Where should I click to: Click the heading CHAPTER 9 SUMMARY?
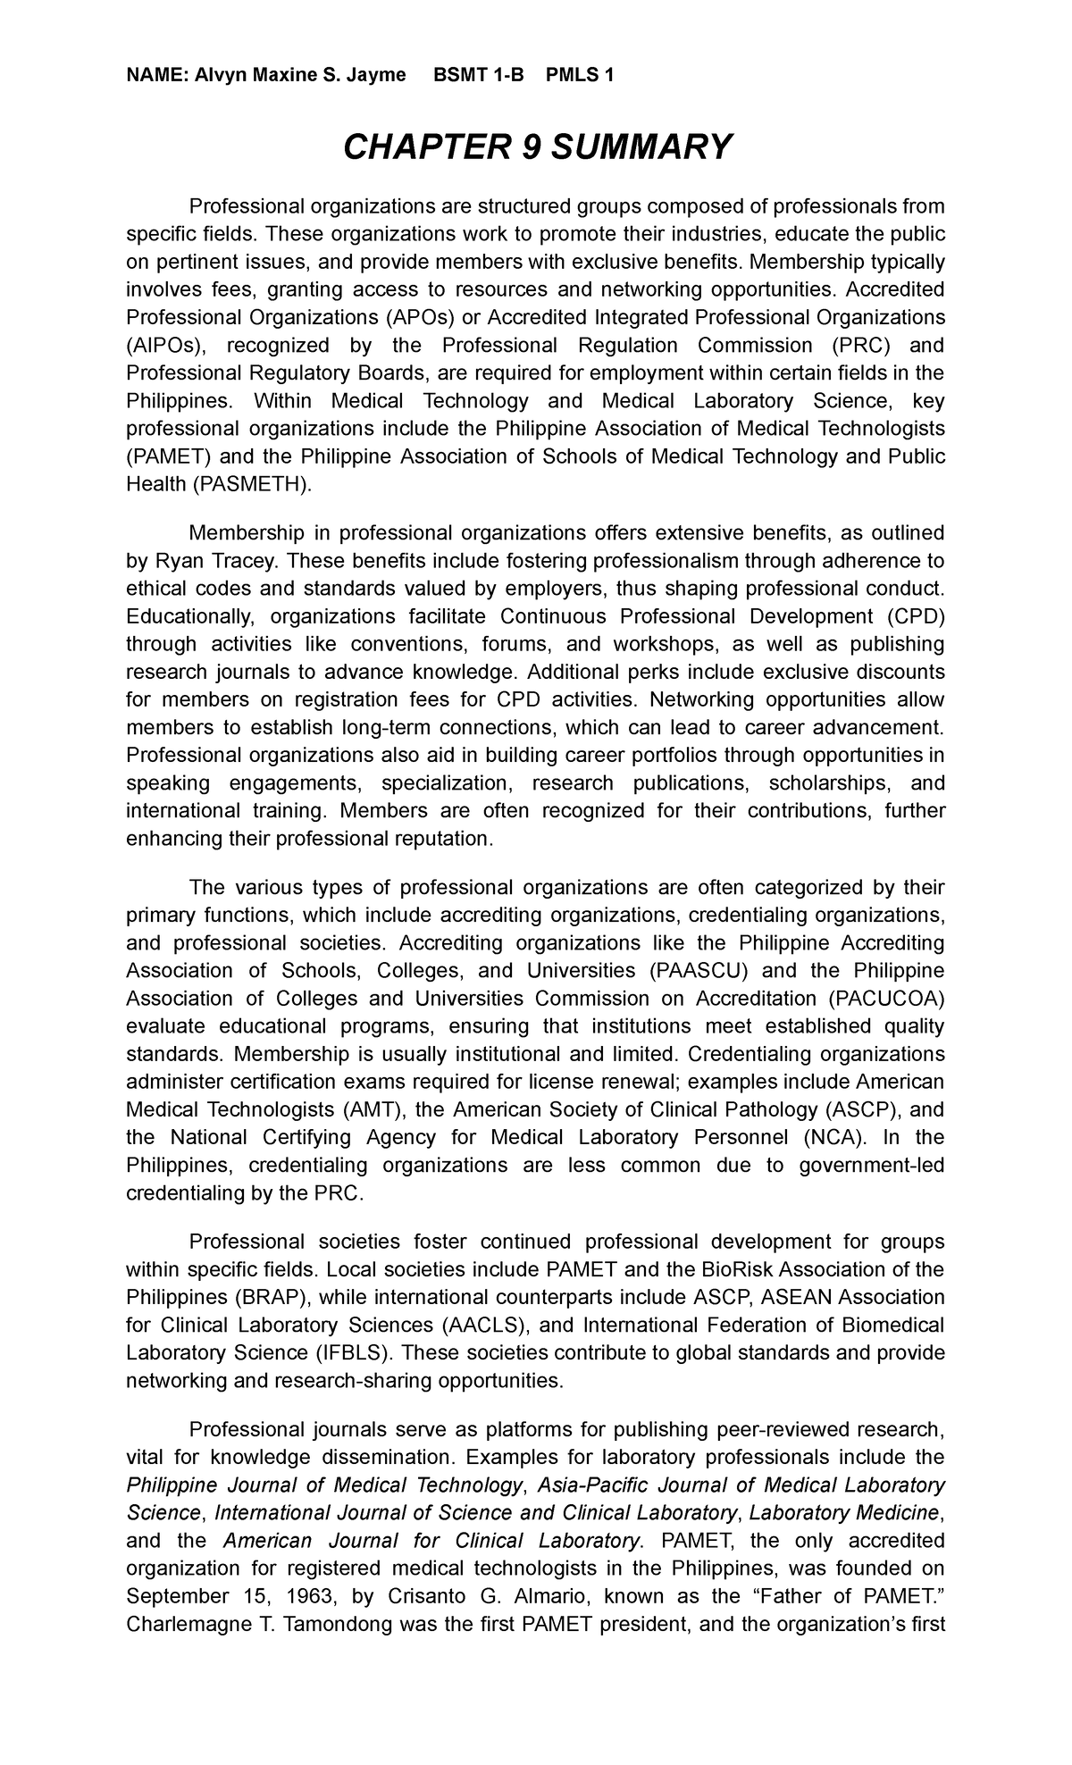(537, 146)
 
